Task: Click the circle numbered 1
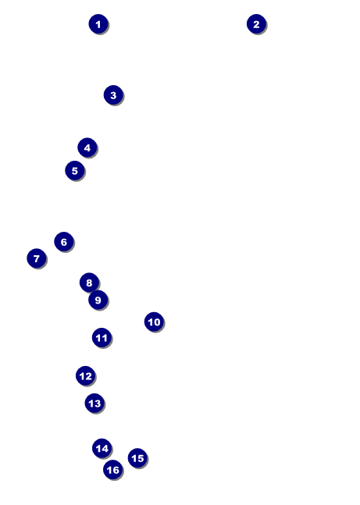click(98, 24)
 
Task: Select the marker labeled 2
click(256, 24)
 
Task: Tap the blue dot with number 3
click(113, 95)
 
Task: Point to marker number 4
click(87, 148)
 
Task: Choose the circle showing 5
click(74, 170)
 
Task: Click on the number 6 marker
click(63, 241)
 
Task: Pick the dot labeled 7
click(37, 258)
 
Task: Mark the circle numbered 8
click(89, 283)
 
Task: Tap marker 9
click(98, 300)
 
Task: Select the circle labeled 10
click(154, 322)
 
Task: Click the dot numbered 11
click(102, 337)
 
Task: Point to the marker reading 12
click(85, 375)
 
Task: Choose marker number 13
click(94, 403)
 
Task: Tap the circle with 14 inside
click(102, 448)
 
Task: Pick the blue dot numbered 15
click(137, 457)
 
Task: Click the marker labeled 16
click(112, 470)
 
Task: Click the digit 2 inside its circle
click(256, 24)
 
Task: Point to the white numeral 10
click(154, 322)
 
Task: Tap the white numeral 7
click(37, 258)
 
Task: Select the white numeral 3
click(113, 95)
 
